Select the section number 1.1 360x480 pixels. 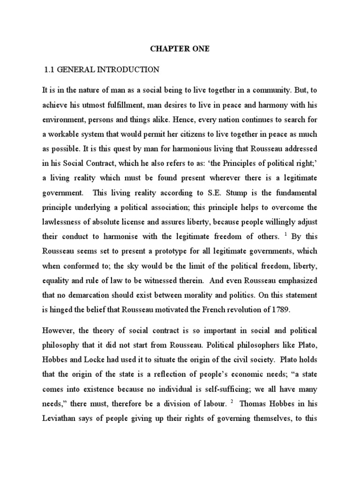coord(50,70)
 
